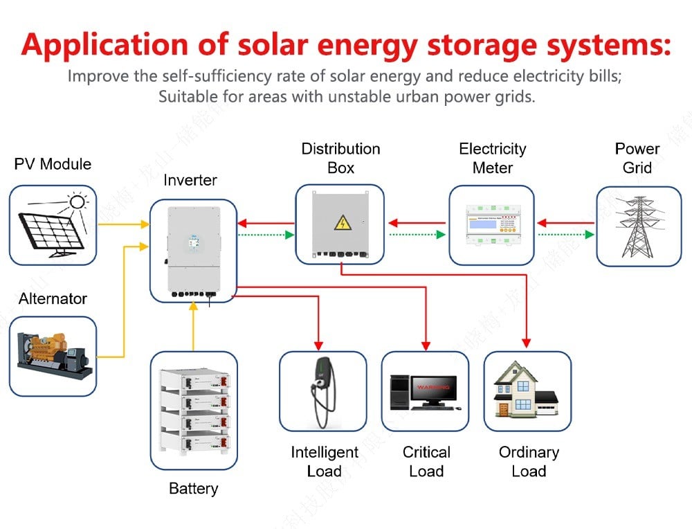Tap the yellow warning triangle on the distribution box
click(x=342, y=223)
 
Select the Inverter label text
click(x=190, y=181)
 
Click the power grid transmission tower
click(x=638, y=226)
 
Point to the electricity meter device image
click(x=492, y=226)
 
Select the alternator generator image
click(x=53, y=355)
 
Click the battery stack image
click(x=194, y=411)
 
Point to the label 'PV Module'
click(x=53, y=164)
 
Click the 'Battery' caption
click(x=193, y=489)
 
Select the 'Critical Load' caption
click(x=426, y=462)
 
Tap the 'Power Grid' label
click(x=637, y=159)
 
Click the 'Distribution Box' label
click(x=340, y=159)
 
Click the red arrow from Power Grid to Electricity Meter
click(x=566, y=223)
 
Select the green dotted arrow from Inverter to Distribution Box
click(x=266, y=235)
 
